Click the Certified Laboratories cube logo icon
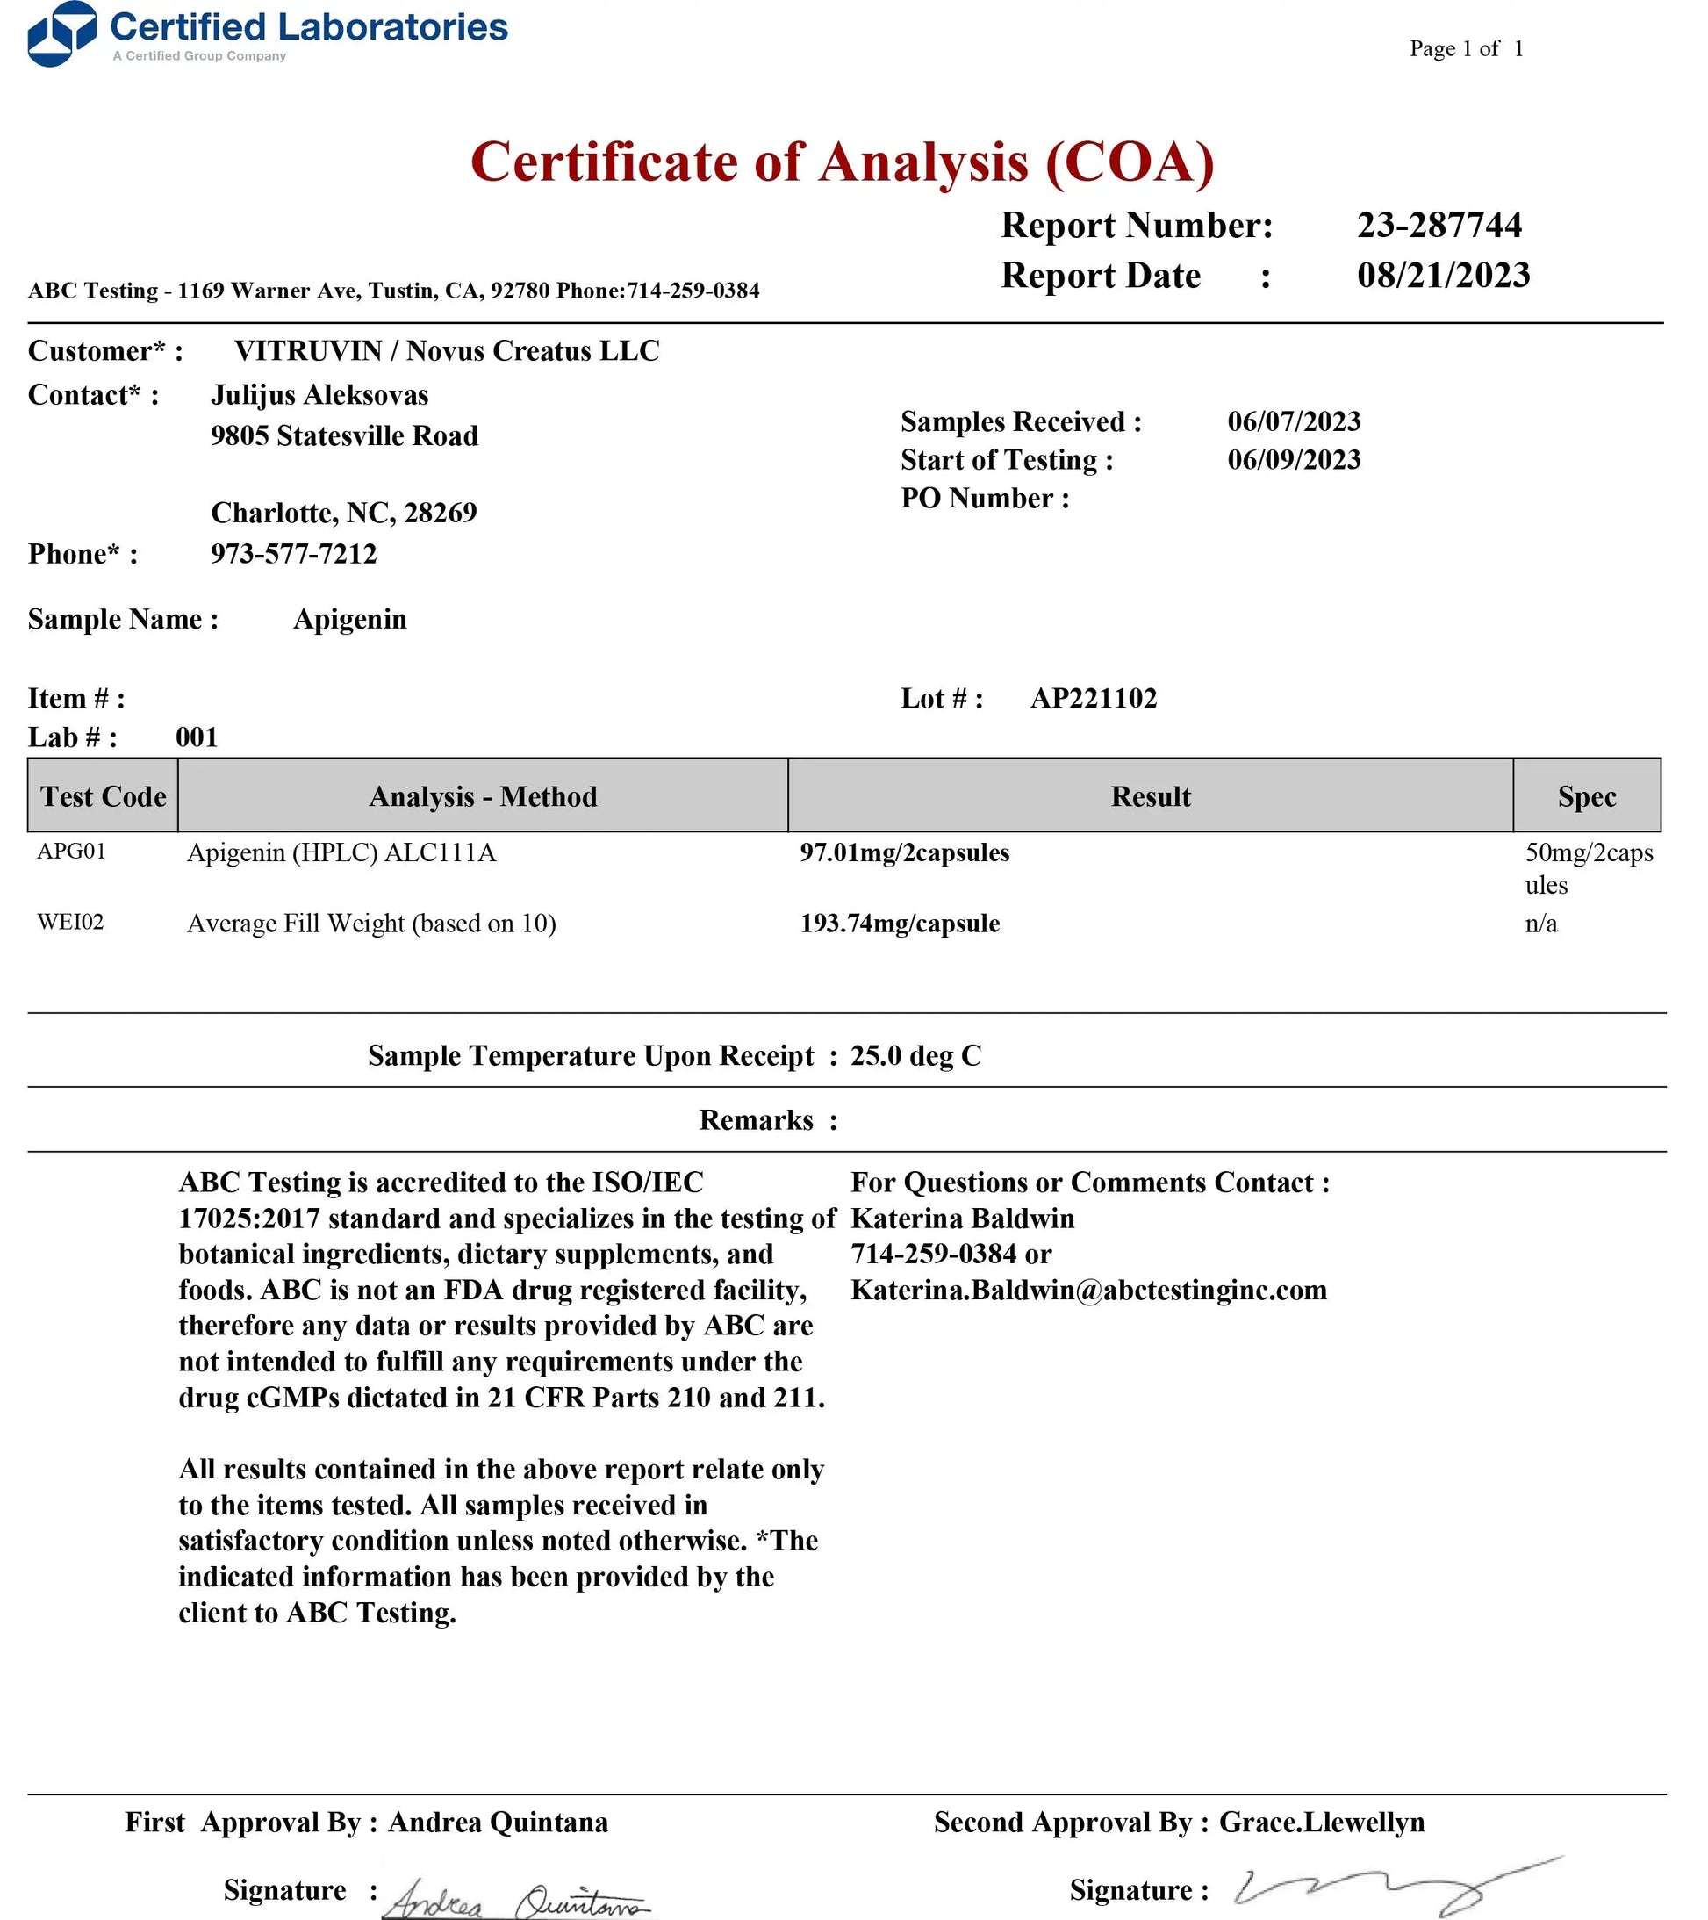pos(62,34)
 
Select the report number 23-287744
pos(1439,225)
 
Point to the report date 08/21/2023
pos(1442,275)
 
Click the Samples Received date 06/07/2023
pos(1293,421)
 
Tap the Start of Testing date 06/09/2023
pos(1293,459)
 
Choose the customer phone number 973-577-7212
pos(293,553)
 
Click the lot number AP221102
pos(1093,698)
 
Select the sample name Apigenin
pos(349,619)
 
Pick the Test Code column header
pos(103,795)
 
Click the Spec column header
pos(1586,795)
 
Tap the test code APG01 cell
pos(71,851)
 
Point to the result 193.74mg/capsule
pos(900,924)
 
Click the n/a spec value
pos(1541,924)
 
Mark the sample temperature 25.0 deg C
pos(915,1056)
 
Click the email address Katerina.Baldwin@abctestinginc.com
pos(1088,1290)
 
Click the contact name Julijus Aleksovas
pos(319,394)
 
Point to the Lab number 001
pos(197,737)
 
